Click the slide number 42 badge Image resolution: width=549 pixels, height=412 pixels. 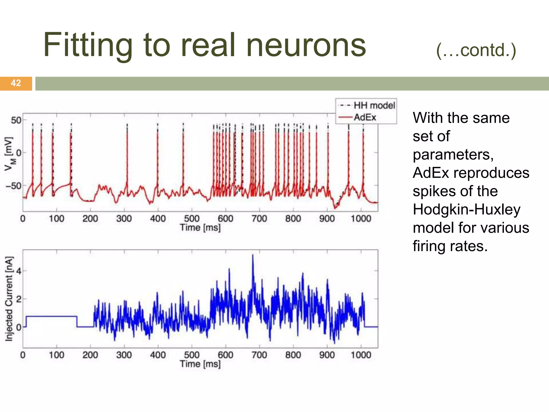click(x=16, y=83)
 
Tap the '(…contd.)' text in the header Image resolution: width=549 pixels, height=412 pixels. click(x=476, y=50)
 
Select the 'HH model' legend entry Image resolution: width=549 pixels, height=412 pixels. click(x=374, y=105)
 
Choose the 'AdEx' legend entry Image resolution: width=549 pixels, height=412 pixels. click(x=365, y=117)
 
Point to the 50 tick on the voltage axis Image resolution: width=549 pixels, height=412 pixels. click(x=16, y=120)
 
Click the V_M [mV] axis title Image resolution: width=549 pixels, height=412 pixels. click(x=10, y=153)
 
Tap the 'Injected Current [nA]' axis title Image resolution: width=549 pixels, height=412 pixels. click(x=9, y=299)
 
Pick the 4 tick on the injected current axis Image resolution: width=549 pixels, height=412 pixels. click(x=18, y=271)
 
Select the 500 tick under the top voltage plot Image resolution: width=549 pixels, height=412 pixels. click(x=191, y=219)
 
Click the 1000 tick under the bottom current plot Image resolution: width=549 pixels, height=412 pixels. click(x=361, y=355)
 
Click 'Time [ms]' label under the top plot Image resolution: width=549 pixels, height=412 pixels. click(x=200, y=228)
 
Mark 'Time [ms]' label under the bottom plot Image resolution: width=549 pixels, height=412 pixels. click(x=200, y=364)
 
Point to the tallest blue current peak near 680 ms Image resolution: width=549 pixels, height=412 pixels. click(x=253, y=256)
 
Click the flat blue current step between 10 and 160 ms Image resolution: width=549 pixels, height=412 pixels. click(x=51, y=317)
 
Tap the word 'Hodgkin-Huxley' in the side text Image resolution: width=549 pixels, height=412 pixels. click(x=466, y=209)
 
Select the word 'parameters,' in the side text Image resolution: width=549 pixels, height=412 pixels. click(x=453, y=155)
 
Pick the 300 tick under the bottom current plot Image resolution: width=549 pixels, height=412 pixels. click(x=124, y=355)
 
